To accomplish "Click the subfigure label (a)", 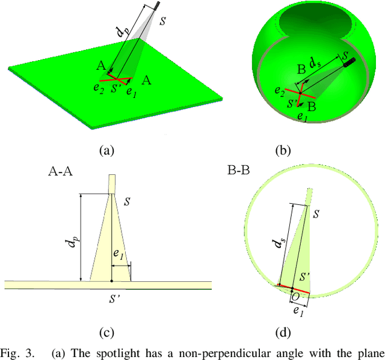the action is (x=106, y=150).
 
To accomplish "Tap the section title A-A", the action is (x=61, y=171).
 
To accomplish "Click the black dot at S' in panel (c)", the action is (x=112, y=281).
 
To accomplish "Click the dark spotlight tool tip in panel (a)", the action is (x=158, y=6).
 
